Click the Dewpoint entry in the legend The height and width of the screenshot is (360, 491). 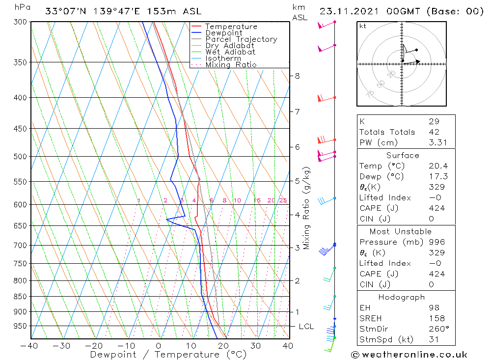click(224, 33)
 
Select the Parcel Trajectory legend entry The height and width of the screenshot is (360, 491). click(241, 39)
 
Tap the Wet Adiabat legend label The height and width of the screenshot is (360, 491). click(230, 52)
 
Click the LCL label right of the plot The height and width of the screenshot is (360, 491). click(306, 326)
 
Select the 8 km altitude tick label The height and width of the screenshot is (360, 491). click(297, 76)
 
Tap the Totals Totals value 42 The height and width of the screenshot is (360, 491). click(434, 132)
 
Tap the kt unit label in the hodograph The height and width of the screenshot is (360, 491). click(362, 26)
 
